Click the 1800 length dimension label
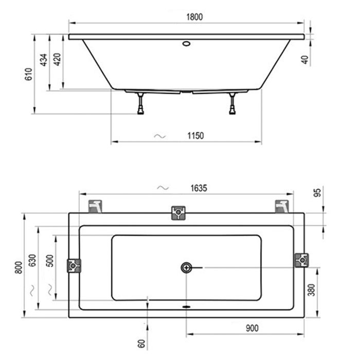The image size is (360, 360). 194,17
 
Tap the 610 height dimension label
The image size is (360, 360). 29,74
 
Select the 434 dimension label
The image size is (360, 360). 44,60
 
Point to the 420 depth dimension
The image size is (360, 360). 57,59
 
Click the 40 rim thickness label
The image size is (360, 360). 304,60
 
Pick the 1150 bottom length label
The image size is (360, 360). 195,136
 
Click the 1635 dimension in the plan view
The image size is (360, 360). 199,188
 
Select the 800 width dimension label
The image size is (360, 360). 19,267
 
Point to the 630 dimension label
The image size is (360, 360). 32,260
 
